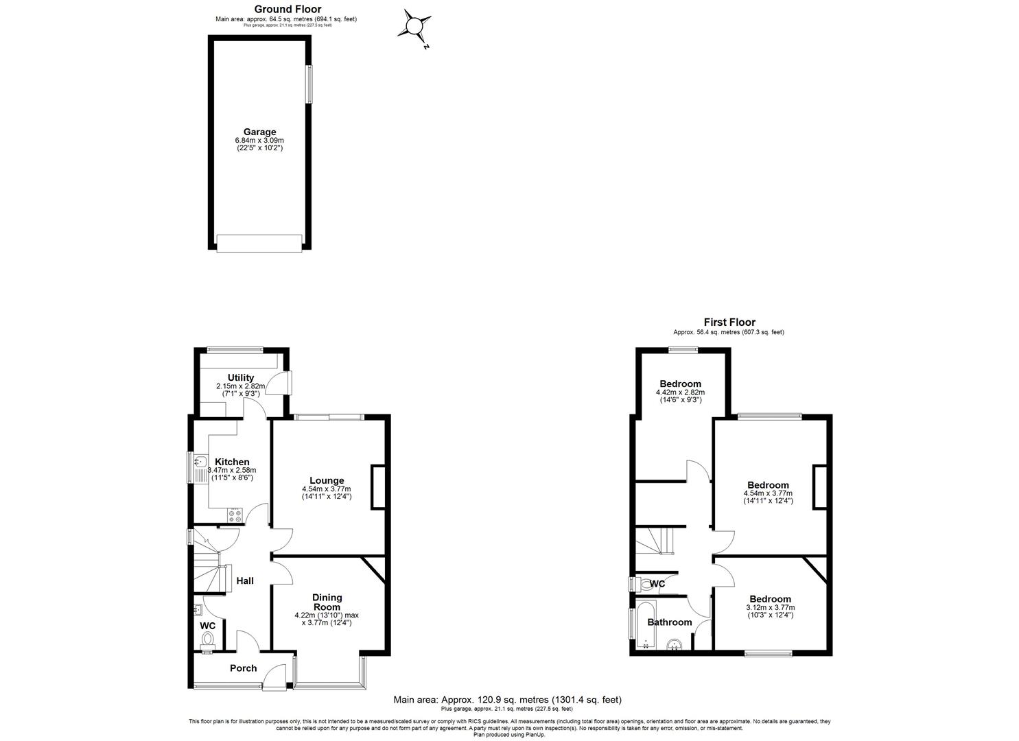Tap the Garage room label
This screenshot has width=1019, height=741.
point(259,132)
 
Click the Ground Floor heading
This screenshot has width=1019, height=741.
point(288,9)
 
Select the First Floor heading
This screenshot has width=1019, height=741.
point(729,322)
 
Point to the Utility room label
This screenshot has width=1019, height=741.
point(241,377)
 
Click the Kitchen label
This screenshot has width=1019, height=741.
point(233,462)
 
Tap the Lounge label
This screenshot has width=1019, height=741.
point(327,480)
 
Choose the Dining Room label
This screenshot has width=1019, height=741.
point(327,602)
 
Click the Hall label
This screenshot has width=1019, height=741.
point(245,580)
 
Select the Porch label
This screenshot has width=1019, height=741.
point(243,668)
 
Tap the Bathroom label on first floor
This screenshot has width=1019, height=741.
point(670,622)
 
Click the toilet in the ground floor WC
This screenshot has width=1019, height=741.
point(207,639)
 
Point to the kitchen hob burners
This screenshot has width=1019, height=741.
point(235,515)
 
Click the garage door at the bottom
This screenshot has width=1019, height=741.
point(259,242)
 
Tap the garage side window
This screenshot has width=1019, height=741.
point(309,84)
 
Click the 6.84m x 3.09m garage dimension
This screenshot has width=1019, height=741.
point(259,141)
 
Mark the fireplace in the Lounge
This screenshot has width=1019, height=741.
point(378,487)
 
